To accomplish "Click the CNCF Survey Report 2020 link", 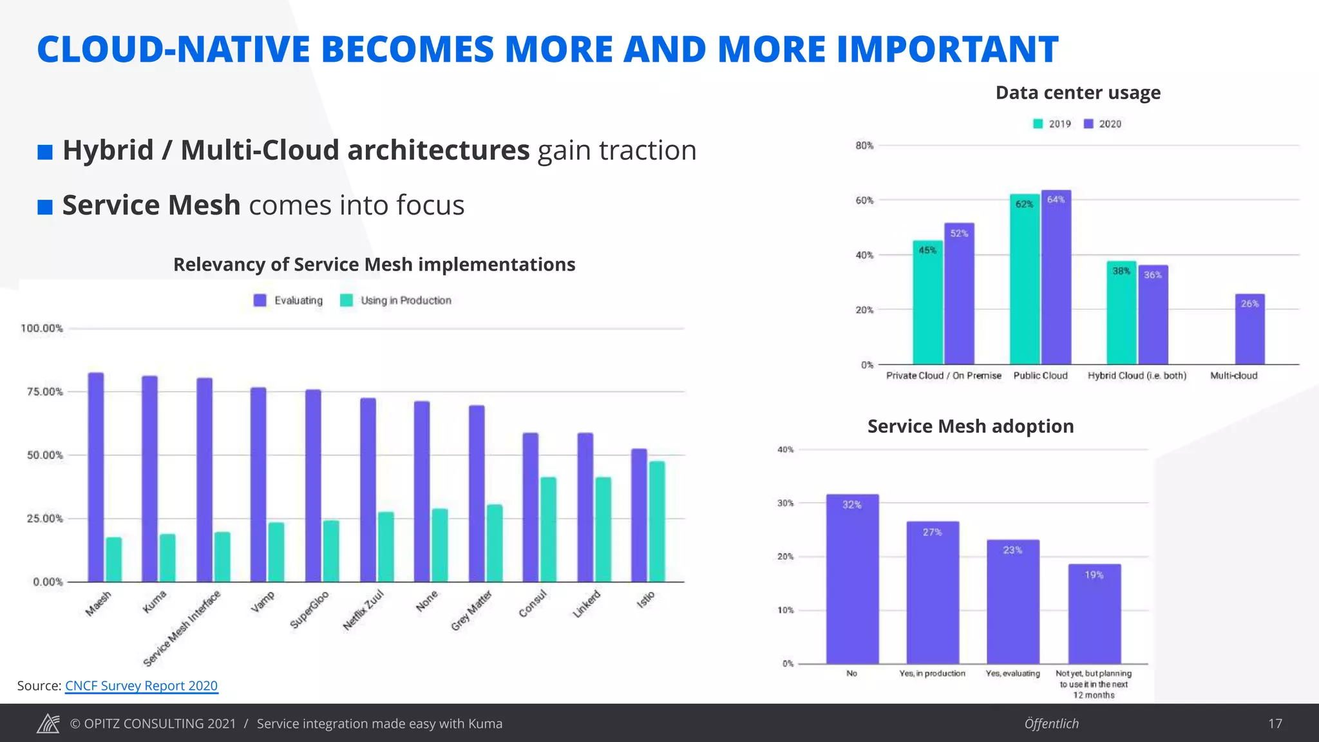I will pyautogui.click(x=141, y=686).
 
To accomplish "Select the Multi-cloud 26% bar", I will pyautogui.click(x=1249, y=330).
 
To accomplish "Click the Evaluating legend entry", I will pyautogui.click(x=288, y=300).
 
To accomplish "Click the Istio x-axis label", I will pyautogui.click(x=645, y=599).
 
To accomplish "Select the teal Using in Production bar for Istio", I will pyautogui.click(x=657, y=522).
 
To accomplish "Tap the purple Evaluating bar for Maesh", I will pyautogui.click(x=96, y=477).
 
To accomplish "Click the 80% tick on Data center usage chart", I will pyautogui.click(x=864, y=146).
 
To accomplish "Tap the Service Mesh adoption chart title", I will pyautogui.click(x=970, y=426).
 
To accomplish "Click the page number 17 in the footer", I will pyautogui.click(x=1275, y=723).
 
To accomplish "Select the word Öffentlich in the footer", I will pyautogui.click(x=1051, y=723).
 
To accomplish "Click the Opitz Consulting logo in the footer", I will pyautogui.click(x=48, y=723).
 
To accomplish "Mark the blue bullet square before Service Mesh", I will pyautogui.click(x=45, y=207).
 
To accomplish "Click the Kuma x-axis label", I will pyautogui.click(x=155, y=602).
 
